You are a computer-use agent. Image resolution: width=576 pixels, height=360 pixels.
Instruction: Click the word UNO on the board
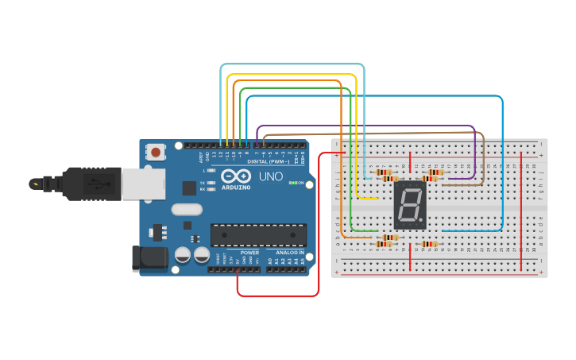(272, 176)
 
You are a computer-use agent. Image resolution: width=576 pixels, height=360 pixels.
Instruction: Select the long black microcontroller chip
(258, 234)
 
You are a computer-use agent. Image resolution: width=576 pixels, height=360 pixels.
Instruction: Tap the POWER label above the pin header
(249, 252)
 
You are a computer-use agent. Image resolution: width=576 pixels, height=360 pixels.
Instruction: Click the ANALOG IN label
(290, 252)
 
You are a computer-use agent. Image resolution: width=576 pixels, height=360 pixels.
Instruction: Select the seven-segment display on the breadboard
(410, 205)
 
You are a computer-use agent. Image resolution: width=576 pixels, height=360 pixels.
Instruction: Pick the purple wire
(365, 126)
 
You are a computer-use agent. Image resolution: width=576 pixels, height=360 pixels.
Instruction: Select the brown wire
(373, 135)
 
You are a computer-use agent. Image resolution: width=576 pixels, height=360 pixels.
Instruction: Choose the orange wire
(286, 81)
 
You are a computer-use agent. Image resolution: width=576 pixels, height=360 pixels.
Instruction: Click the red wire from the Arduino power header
(278, 296)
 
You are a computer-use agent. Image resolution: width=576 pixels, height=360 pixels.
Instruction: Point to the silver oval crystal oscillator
(187, 210)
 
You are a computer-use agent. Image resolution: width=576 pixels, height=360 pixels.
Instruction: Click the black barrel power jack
(151, 258)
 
